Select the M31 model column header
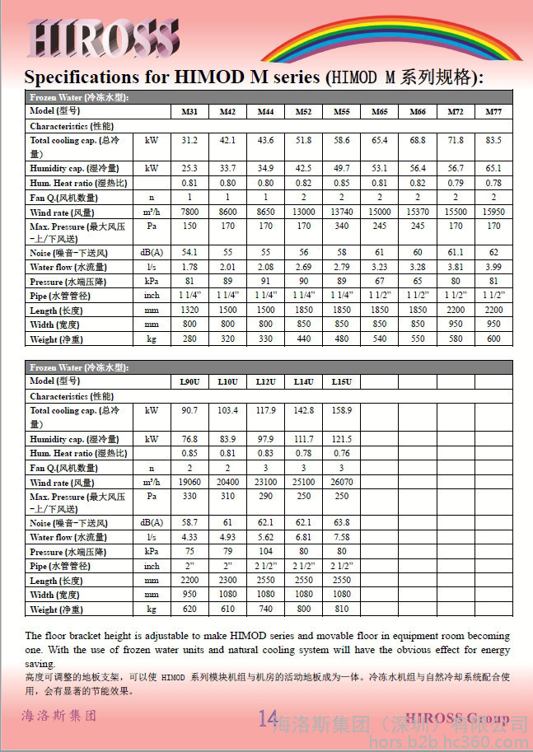click(189, 112)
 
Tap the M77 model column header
click(493, 112)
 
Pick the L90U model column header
click(189, 382)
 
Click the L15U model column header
click(341, 382)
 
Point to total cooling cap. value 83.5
click(493, 142)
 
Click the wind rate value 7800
click(189, 213)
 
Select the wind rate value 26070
click(341, 483)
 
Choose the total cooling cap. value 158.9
click(341, 411)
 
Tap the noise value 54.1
click(189, 252)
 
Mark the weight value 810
click(341, 610)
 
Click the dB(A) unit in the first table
click(152, 252)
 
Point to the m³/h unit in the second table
click(152, 483)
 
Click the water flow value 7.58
click(341, 537)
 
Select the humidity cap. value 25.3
click(189, 169)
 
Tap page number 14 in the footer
click(268, 718)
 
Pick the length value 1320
click(189, 311)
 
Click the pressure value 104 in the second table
click(265, 552)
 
